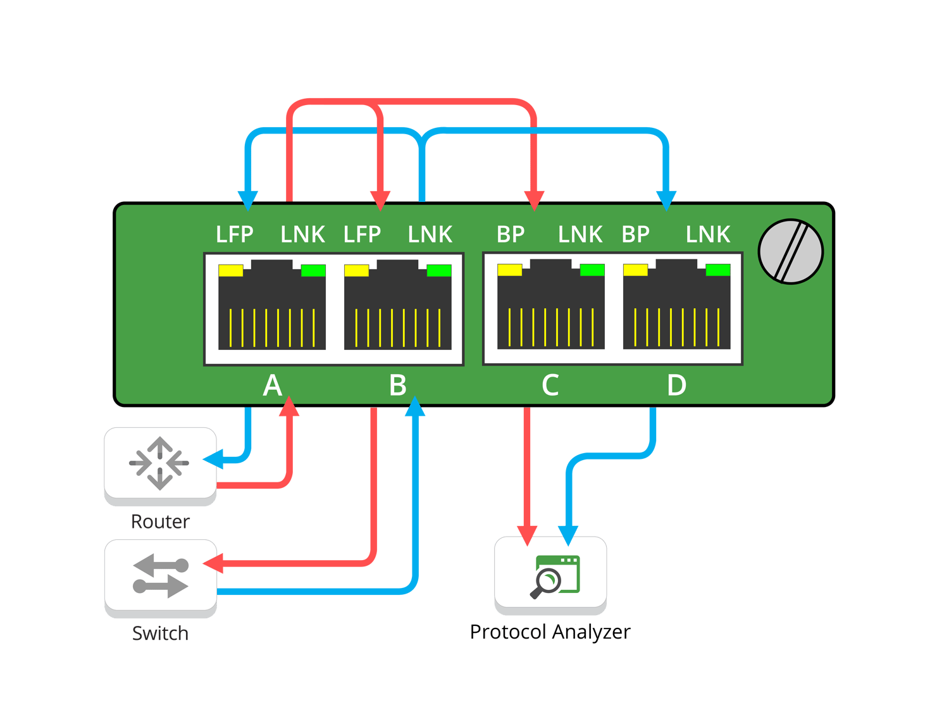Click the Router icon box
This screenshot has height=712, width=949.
(160, 463)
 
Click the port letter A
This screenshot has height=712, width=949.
(272, 385)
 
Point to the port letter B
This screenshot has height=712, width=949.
(397, 385)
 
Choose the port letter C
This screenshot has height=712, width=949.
(550, 385)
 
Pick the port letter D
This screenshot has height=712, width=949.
(676, 385)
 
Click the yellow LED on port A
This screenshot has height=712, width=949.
(230, 270)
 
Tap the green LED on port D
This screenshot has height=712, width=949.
(718, 270)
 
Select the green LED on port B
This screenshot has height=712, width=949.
(439, 271)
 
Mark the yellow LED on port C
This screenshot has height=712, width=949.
(509, 270)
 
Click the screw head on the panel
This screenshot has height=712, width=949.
(790, 251)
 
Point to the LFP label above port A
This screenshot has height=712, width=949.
(234, 235)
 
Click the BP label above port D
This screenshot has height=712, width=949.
(635, 235)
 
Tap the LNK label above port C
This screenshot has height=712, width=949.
(580, 235)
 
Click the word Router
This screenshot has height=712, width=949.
(160, 522)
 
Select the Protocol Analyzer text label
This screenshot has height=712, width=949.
(550, 632)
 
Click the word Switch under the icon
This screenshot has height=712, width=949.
(160, 633)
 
